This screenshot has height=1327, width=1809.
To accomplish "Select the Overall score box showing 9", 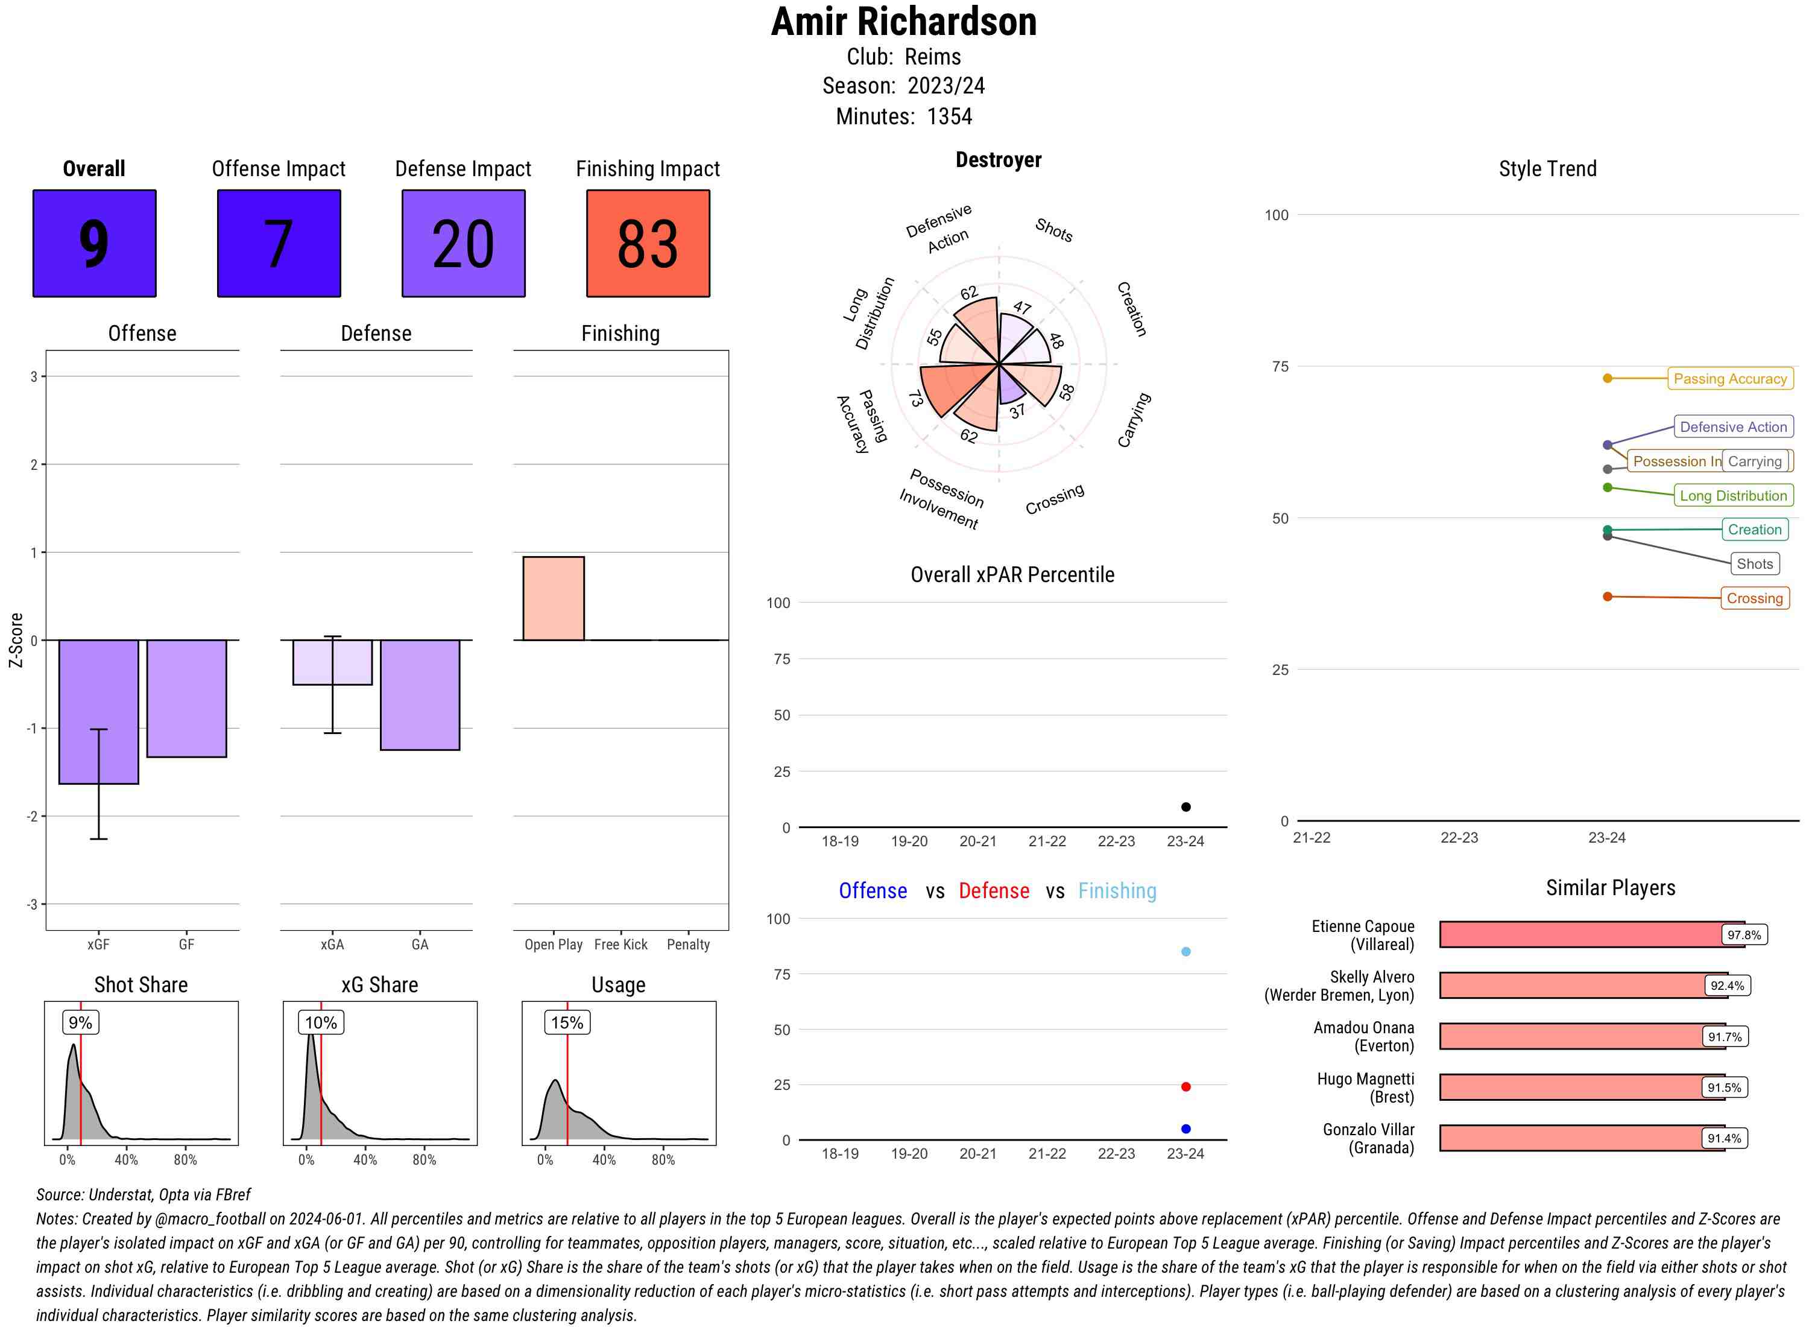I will point(94,244).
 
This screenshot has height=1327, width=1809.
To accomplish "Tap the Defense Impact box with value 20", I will point(463,244).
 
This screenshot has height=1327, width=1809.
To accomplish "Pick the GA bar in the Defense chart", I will point(420,695).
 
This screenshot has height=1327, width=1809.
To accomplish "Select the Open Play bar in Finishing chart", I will point(553,598).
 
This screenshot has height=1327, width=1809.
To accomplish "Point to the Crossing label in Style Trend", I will point(1754,598).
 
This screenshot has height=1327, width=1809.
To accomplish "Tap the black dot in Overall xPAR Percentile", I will point(1185,806).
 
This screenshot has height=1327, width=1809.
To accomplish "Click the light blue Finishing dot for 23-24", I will point(1185,952).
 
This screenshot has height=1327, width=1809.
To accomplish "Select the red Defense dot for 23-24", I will point(1185,1087).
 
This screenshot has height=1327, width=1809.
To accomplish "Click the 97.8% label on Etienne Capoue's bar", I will point(1743,935).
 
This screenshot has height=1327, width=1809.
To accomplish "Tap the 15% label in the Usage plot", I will point(567,1022).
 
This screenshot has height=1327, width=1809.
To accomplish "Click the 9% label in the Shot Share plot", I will point(80,1022).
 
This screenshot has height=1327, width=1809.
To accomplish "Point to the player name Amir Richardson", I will point(903,22).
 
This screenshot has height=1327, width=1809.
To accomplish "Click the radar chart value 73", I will point(915,399).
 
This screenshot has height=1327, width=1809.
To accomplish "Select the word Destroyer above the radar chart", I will point(998,160).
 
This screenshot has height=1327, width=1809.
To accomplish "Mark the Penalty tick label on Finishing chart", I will point(688,945).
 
